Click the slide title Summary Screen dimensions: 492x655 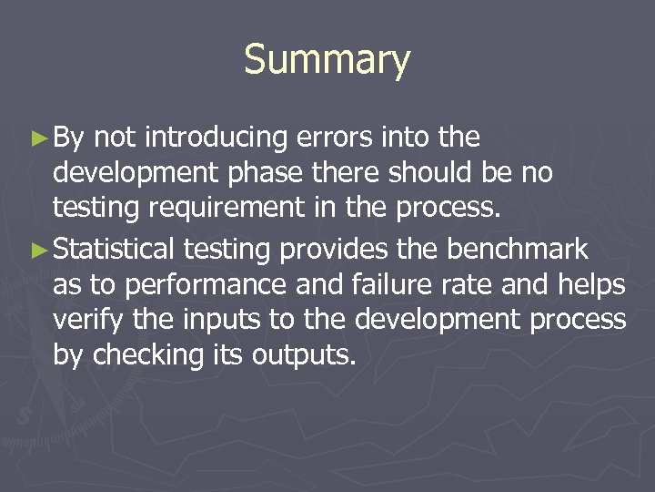click(327, 60)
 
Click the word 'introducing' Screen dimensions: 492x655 click(217, 138)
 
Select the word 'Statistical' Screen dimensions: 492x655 click(115, 248)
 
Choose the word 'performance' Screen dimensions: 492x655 click(186, 284)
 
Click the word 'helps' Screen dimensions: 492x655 click(590, 284)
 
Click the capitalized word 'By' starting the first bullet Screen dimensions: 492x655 click(68, 138)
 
